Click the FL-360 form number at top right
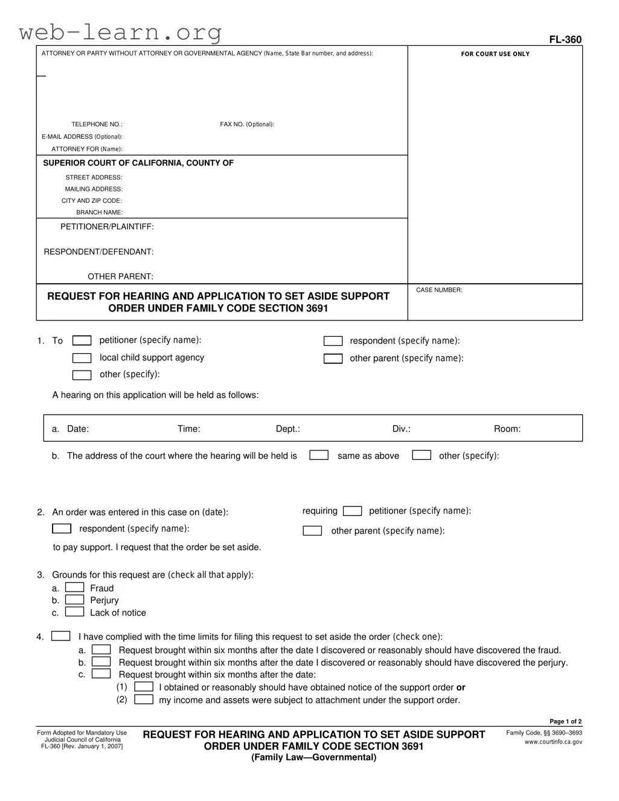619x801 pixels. pyautogui.click(x=565, y=40)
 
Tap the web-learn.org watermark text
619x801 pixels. pyautogui.click(x=120, y=32)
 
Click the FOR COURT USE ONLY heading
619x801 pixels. pyautogui.click(x=495, y=54)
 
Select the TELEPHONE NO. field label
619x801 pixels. pyautogui.click(x=97, y=124)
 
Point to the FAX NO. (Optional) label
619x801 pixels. pyautogui.click(x=246, y=124)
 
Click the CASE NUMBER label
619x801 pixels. pyautogui.click(x=439, y=290)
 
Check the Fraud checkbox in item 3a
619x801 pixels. pyautogui.click(x=74, y=587)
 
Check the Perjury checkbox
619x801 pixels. pyautogui.click(x=74, y=599)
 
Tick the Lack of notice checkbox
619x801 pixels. pyautogui.click(x=74, y=611)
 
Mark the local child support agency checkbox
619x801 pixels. pyautogui.click(x=82, y=358)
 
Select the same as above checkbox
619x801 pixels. pyautogui.click(x=319, y=455)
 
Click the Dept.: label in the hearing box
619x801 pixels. pyautogui.click(x=287, y=429)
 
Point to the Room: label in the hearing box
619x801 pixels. pyautogui.click(x=507, y=429)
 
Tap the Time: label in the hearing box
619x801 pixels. pyautogui.click(x=188, y=429)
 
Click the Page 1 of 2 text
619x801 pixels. pyautogui.click(x=565, y=721)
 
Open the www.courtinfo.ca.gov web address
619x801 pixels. pyautogui.click(x=553, y=742)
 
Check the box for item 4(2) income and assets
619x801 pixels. pyautogui.click(x=143, y=700)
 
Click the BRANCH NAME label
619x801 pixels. pyautogui.click(x=99, y=212)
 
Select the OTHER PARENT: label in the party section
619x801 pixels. pyautogui.click(x=120, y=276)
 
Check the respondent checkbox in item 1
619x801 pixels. pyautogui.click(x=333, y=341)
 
